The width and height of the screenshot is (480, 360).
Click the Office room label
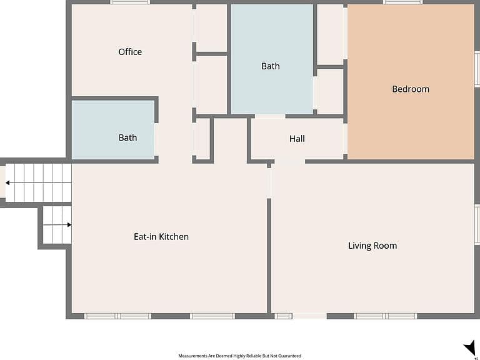(130, 52)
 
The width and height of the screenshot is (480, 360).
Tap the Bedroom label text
(411, 89)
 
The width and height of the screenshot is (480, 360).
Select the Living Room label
(372, 246)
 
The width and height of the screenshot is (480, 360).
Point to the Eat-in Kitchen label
(161, 237)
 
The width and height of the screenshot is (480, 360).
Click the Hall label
(297, 139)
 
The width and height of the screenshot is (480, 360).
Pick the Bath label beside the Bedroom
(270, 66)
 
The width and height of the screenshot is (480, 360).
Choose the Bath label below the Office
(127, 137)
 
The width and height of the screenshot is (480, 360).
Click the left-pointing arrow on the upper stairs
(39, 182)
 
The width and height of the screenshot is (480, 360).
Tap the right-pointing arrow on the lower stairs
(57, 225)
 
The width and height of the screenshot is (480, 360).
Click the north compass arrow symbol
(470, 348)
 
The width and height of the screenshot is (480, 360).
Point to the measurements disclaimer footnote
(240, 356)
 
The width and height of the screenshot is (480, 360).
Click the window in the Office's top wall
(130, 2)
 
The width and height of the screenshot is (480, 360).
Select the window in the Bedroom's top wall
(403, 2)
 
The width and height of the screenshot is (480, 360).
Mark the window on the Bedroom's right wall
(477, 69)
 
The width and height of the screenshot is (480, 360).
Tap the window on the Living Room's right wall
(477, 224)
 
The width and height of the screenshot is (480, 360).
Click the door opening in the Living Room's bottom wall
(309, 316)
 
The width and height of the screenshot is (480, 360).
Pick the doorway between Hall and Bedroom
(345, 139)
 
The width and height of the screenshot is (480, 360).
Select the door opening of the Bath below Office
(156, 139)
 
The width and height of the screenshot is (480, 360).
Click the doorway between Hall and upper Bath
(270, 116)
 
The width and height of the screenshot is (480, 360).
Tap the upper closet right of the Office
(211, 28)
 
